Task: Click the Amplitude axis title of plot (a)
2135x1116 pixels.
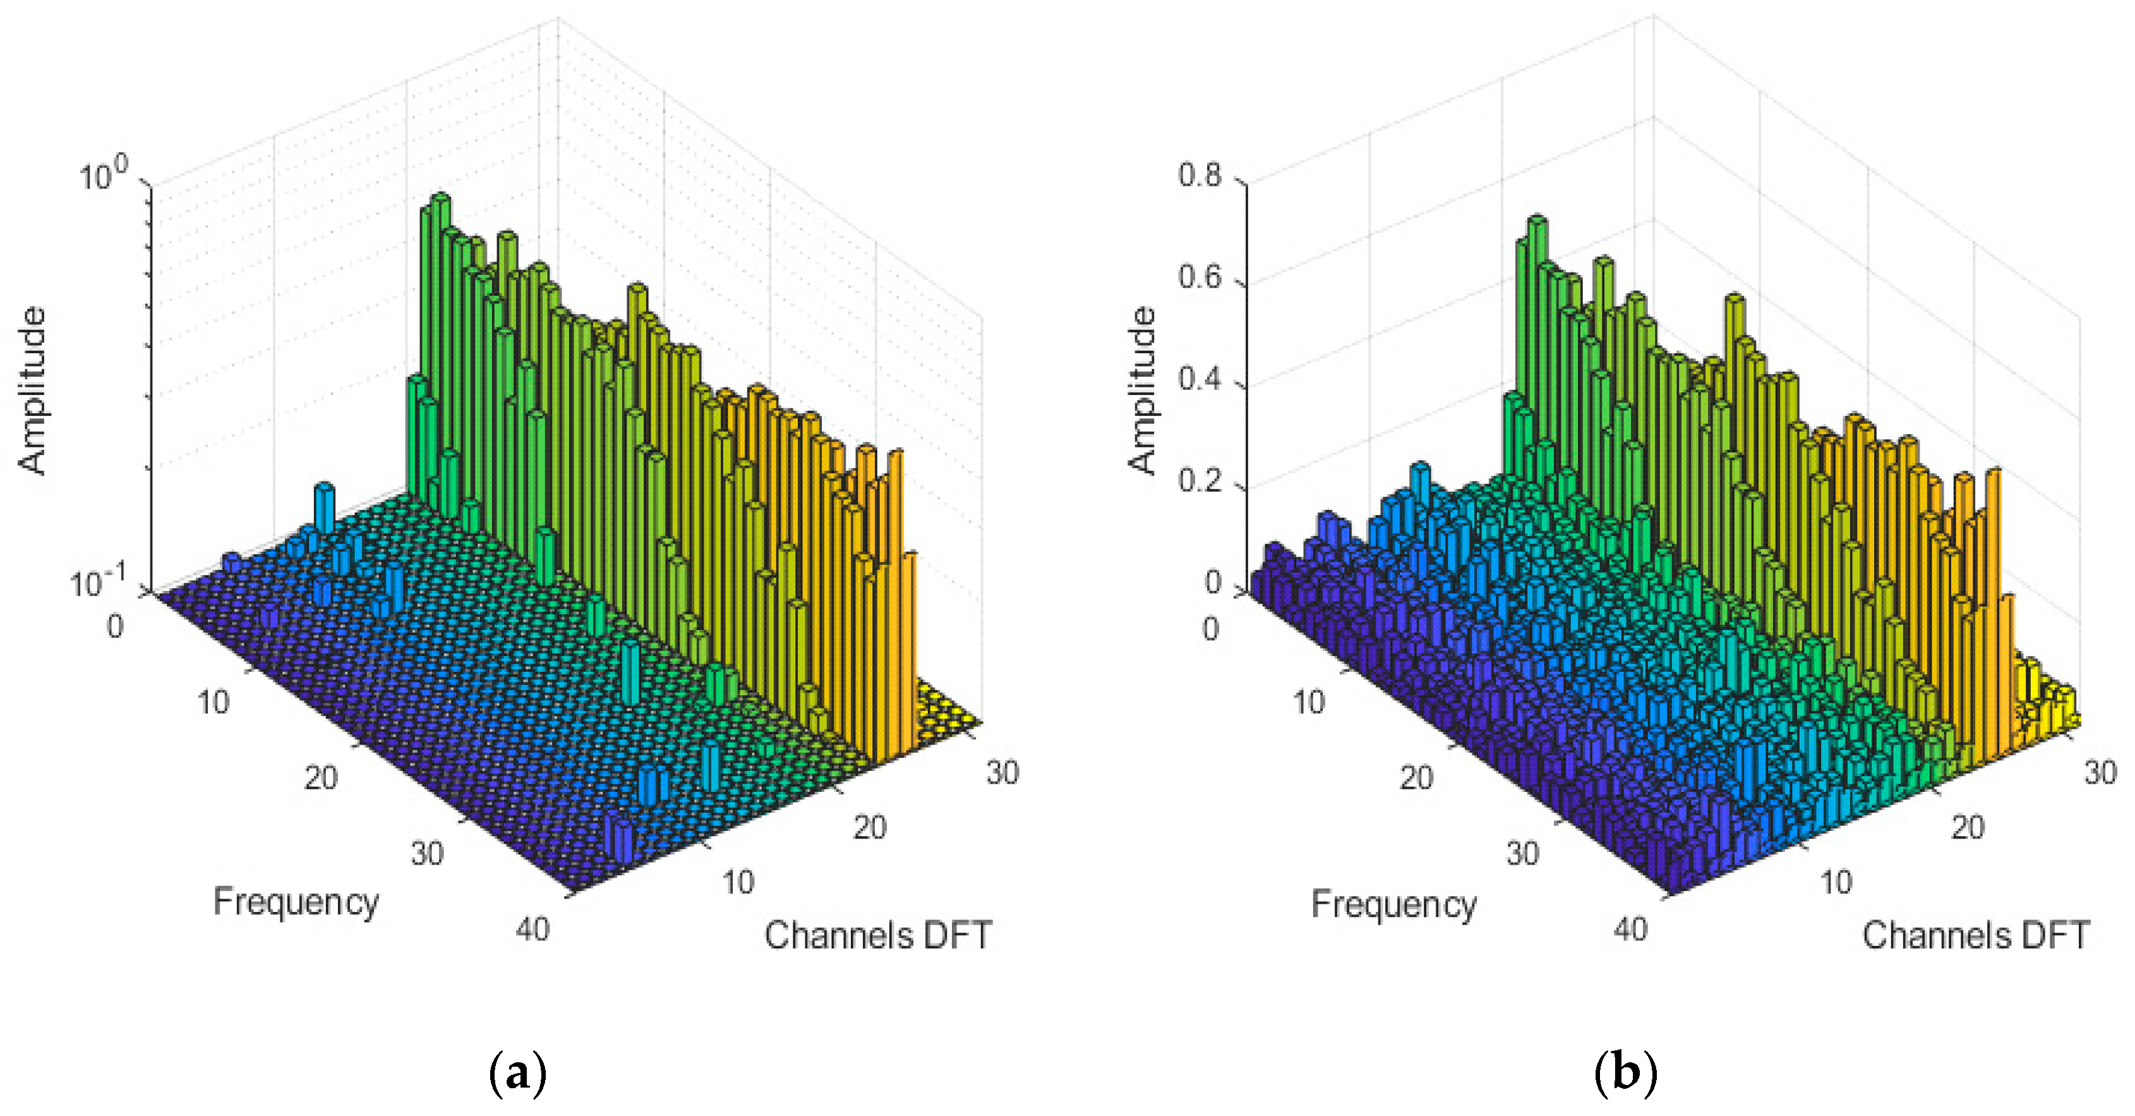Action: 33,390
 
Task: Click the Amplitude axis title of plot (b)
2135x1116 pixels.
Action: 1142,390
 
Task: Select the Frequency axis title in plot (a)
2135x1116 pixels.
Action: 296,901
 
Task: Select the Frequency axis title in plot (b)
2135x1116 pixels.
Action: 1393,904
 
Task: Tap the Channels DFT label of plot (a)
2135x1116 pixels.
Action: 877,935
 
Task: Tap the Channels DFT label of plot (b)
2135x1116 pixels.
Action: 1975,935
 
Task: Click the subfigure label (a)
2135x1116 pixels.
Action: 519,1074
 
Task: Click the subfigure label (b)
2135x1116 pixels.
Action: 1625,1074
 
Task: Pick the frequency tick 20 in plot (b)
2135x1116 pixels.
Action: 1416,778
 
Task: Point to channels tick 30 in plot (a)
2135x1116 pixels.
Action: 1002,773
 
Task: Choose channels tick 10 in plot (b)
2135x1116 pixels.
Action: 1836,882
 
